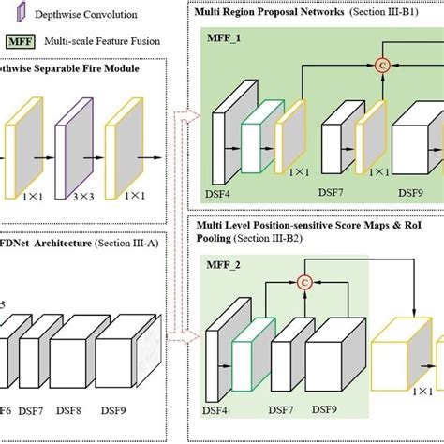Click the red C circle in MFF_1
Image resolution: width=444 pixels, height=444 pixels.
point(382,64)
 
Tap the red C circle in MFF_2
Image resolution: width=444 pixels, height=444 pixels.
point(303,282)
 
